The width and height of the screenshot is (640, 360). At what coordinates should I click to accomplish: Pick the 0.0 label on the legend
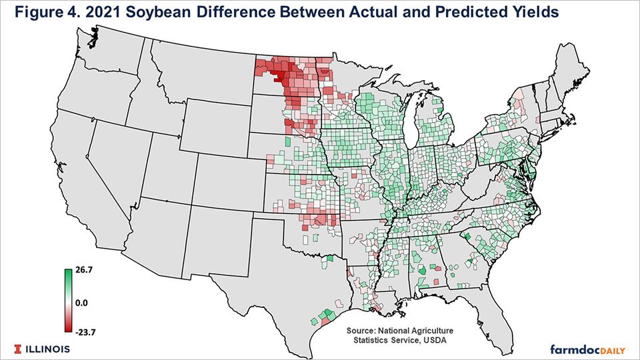(x=81, y=302)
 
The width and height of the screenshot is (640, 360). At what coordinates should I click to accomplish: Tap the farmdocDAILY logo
(x=587, y=349)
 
